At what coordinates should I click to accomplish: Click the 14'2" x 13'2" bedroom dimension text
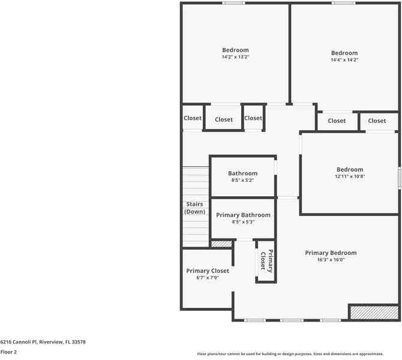click(235, 57)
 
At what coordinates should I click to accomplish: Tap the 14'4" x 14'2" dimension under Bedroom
click(344, 60)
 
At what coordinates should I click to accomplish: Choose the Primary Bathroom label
click(243, 215)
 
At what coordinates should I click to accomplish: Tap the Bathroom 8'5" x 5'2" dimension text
click(242, 180)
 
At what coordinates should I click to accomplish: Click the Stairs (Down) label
click(194, 208)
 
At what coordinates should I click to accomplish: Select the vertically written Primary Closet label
click(266, 261)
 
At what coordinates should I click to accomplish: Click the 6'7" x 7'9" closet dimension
click(208, 278)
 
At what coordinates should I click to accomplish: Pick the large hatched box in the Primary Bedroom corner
click(374, 312)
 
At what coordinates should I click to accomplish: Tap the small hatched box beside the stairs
click(221, 244)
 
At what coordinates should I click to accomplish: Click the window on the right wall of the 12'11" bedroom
click(399, 179)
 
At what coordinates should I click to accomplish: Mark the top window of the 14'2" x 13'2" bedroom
click(233, 3)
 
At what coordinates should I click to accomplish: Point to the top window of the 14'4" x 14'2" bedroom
click(343, 3)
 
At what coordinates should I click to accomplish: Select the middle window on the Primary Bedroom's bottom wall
click(292, 320)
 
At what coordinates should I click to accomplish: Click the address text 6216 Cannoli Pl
click(43, 342)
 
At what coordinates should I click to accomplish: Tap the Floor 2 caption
click(8, 352)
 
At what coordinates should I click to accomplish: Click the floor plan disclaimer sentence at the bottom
click(298, 354)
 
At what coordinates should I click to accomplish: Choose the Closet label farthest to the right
click(377, 121)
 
